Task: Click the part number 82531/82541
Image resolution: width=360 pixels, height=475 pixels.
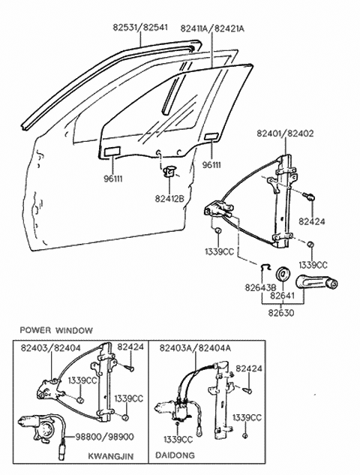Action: point(140,27)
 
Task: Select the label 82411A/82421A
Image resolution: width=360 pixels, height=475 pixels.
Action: point(212,29)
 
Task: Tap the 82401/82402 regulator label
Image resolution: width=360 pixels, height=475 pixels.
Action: point(285,134)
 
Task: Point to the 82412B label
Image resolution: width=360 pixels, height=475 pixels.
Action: point(169,198)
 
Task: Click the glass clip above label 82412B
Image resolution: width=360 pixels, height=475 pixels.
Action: point(169,172)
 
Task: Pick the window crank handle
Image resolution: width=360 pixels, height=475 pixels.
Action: point(316,282)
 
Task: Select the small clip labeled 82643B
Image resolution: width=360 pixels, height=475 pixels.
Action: point(265,266)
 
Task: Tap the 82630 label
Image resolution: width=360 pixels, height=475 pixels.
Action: point(281,312)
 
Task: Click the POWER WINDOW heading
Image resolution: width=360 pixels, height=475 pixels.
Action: point(56,330)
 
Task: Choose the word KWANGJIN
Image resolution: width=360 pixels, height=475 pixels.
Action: point(111,456)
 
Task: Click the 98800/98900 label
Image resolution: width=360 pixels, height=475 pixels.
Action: point(104,437)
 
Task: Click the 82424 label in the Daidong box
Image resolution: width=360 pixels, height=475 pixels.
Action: point(249,368)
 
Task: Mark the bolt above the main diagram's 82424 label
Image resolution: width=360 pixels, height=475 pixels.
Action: point(309,197)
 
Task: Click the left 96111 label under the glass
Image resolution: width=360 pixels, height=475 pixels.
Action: point(113,179)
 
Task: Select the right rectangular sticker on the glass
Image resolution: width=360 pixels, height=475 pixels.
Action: point(211,137)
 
